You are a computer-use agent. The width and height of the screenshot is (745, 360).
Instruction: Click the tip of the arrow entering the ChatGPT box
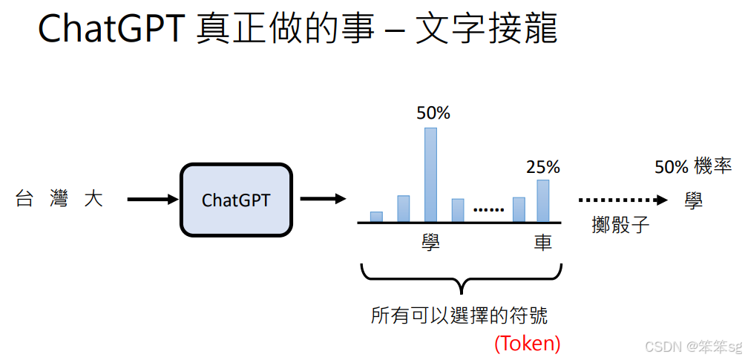(177, 200)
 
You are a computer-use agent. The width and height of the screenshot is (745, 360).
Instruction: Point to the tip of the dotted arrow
(668, 200)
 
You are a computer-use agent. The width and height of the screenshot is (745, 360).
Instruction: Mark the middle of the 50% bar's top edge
(430, 128)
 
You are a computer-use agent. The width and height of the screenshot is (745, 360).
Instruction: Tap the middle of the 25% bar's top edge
(543, 180)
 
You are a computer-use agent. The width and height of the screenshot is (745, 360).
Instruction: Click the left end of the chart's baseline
(358, 223)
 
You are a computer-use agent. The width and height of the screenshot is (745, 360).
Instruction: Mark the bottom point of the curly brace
(462, 294)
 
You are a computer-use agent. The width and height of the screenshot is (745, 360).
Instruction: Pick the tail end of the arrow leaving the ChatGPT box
(301, 199)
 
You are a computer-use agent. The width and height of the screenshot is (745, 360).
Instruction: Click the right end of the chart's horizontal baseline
(562, 223)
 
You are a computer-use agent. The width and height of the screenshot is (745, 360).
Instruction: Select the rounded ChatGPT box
(236, 200)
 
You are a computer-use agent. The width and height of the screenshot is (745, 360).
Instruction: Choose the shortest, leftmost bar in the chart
(376, 217)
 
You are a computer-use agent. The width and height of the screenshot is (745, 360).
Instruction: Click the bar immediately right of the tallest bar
(458, 210)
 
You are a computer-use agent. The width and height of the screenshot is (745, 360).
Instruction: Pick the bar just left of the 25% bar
(519, 210)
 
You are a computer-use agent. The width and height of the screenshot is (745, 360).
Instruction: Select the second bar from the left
(404, 209)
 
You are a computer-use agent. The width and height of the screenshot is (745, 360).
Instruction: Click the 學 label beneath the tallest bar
(431, 241)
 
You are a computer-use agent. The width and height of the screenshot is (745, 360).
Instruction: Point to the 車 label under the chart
(542, 241)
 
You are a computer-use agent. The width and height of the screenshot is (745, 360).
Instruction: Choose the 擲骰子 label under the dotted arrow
(620, 224)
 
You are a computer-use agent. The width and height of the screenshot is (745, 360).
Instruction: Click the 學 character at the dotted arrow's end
(694, 200)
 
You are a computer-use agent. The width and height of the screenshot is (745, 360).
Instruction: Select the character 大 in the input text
(93, 199)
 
